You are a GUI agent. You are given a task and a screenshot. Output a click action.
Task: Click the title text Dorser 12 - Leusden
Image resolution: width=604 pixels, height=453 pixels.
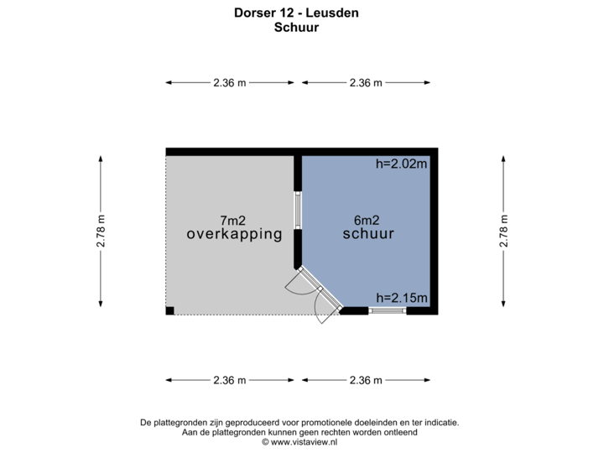click(297, 13)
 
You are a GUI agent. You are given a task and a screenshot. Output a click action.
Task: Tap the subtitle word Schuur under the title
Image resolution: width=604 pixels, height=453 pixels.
click(297, 27)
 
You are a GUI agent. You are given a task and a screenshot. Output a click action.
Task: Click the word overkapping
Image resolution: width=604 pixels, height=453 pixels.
click(234, 235)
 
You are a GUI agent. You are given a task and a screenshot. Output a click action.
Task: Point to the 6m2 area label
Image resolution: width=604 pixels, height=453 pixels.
click(368, 220)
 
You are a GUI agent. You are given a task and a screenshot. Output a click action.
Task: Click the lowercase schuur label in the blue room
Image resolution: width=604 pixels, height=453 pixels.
click(368, 235)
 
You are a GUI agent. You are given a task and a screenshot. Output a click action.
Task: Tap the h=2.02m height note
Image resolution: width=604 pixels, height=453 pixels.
click(402, 164)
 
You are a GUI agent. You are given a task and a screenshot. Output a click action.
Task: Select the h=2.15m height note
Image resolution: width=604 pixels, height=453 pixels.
click(402, 298)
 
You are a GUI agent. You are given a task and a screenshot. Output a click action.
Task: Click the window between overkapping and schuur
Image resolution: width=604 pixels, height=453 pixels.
click(297, 211)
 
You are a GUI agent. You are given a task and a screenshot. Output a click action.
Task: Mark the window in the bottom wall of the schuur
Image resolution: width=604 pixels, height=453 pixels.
click(388, 310)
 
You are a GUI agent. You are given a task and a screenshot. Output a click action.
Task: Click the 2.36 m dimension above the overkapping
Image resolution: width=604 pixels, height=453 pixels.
click(230, 82)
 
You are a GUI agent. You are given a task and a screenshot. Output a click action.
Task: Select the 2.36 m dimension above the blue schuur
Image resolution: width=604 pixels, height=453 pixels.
click(366, 82)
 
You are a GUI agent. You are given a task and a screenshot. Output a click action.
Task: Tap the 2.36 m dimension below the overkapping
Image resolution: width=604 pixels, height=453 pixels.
click(230, 380)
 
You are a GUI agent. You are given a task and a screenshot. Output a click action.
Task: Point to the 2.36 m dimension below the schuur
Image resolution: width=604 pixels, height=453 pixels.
click(366, 380)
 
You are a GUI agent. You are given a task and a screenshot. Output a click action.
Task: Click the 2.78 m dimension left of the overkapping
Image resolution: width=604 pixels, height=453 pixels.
click(102, 232)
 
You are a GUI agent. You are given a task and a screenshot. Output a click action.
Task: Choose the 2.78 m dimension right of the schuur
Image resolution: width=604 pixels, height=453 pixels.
click(503, 232)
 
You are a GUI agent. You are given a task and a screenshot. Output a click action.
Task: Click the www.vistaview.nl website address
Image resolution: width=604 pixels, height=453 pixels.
click(300, 440)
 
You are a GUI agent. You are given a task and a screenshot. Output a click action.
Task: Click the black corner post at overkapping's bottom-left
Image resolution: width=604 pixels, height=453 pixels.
click(169, 311)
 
